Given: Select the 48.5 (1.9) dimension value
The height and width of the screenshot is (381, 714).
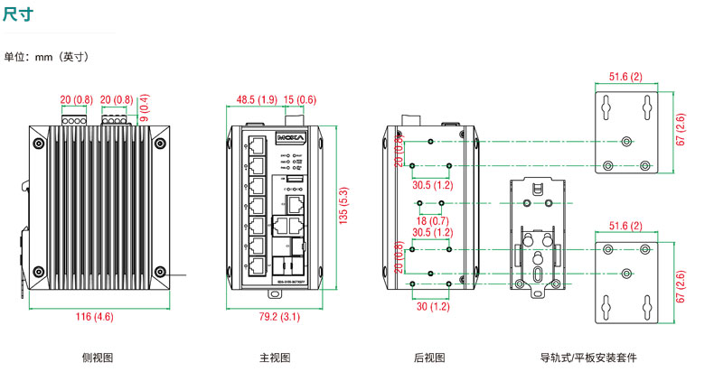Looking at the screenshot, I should tap(257, 99).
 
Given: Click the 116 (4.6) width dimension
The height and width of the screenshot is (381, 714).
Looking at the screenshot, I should tap(95, 316).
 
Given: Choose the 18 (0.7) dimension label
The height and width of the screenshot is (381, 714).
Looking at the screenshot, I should tap(430, 220).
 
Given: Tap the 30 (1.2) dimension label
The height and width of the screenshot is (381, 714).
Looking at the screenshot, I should tap(432, 307).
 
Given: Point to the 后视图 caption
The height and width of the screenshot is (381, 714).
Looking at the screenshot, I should tap(429, 358).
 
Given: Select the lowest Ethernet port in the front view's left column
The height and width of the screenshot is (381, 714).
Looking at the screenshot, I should tap(257, 265).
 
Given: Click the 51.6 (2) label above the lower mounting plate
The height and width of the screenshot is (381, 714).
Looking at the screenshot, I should tap(625, 225).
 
